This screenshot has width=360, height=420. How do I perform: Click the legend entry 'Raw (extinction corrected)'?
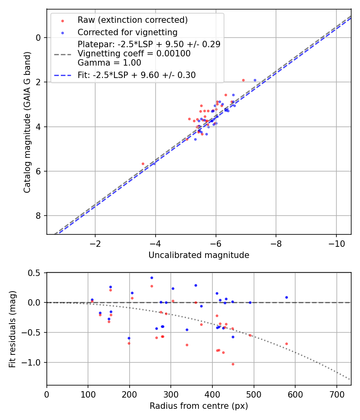point(132,20)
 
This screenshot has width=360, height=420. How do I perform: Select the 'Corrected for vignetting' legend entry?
point(128,32)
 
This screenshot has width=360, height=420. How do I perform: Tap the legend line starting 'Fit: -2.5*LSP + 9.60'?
point(136,75)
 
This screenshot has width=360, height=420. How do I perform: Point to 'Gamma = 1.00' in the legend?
point(109,63)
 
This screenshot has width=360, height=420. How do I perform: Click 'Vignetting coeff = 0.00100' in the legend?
point(134,54)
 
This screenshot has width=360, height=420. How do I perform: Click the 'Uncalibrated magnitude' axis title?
point(199,255)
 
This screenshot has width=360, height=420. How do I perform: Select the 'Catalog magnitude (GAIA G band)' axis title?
point(27,122)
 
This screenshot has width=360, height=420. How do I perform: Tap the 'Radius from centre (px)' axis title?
point(199,406)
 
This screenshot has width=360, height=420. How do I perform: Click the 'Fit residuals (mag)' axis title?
point(13,329)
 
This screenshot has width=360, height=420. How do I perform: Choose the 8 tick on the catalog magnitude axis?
point(39,216)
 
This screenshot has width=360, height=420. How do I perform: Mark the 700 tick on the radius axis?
point(336,394)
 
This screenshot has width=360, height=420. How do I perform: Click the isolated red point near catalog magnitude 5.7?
point(143,164)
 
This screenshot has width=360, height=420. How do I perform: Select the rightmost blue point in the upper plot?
point(255,80)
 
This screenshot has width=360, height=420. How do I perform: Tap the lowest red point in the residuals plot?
point(233,364)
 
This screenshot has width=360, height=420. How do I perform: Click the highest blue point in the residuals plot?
point(152,278)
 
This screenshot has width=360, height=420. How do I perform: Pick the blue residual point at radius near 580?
point(286,297)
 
